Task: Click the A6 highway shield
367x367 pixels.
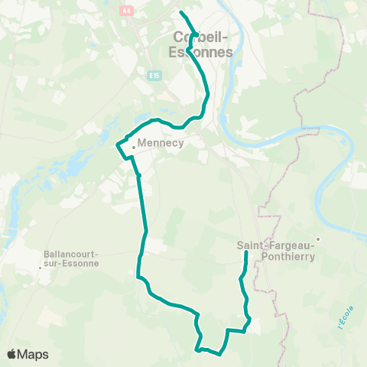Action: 127,10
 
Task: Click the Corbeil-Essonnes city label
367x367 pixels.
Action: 198,44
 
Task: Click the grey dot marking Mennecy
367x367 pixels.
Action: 133,148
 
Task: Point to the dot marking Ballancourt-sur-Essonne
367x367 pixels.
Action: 40,268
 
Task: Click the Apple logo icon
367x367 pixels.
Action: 12,354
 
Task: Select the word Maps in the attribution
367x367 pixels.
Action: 34,354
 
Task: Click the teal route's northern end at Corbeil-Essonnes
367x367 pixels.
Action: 181,13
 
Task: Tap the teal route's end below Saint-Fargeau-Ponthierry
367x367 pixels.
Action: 245,253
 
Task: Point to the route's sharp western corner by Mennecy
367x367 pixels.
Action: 116,145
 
